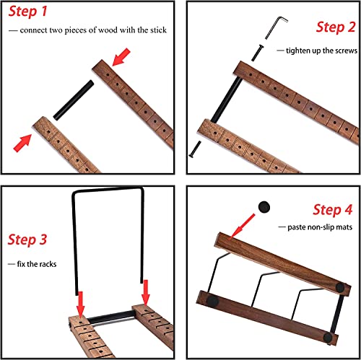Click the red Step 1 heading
coord(28,12)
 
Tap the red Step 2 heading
coord(336,27)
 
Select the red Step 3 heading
coord(27,240)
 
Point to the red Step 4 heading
coord(333,210)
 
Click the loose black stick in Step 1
coord(74,100)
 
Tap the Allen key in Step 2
coord(276,27)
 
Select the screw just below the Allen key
coord(257,53)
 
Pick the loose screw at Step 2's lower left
coord(195,149)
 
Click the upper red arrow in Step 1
coord(121,57)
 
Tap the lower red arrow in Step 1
coord(22,143)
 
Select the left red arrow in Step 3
coord(81,304)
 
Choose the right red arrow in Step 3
coord(146,293)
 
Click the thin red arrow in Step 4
coord(241,227)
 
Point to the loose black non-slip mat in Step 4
coord(264,207)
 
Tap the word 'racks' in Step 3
coord(48,264)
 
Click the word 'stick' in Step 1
coord(158,30)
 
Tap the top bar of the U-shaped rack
coord(108,190)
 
